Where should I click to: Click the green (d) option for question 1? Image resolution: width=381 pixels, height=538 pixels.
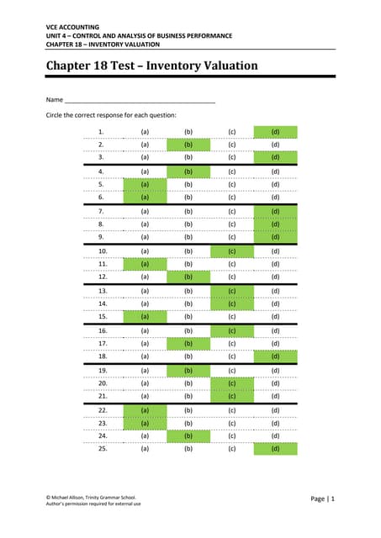point(275,132)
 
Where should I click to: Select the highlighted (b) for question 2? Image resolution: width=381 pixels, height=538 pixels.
point(188,145)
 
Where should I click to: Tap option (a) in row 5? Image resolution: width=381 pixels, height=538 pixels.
point(145,184)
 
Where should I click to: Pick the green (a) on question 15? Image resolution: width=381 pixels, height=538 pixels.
point(145,316)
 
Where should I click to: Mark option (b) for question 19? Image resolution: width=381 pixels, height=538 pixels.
point(188,370)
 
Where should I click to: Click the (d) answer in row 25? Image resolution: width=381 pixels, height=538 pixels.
point(275,449)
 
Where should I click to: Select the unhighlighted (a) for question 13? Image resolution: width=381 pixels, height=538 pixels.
point(145,290)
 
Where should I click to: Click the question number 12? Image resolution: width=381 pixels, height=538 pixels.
point(103,277)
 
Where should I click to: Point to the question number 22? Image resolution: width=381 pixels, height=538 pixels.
point(103,409)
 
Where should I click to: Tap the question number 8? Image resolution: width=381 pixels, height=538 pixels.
point(101,224)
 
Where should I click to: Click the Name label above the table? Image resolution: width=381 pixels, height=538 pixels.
point(55,99)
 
